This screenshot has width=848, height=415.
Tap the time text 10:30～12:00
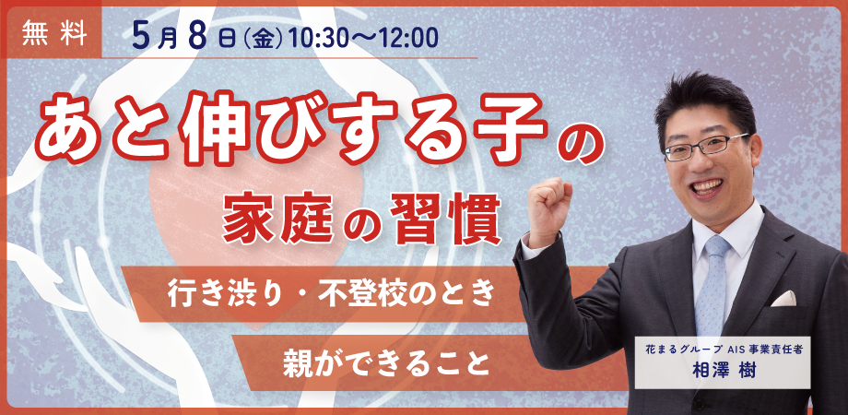363,40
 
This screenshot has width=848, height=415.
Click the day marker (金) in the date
264,40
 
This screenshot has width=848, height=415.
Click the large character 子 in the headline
509,126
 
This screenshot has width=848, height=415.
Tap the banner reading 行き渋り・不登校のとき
332,294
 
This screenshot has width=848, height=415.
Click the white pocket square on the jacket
783,299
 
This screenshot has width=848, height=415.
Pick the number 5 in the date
143,38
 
